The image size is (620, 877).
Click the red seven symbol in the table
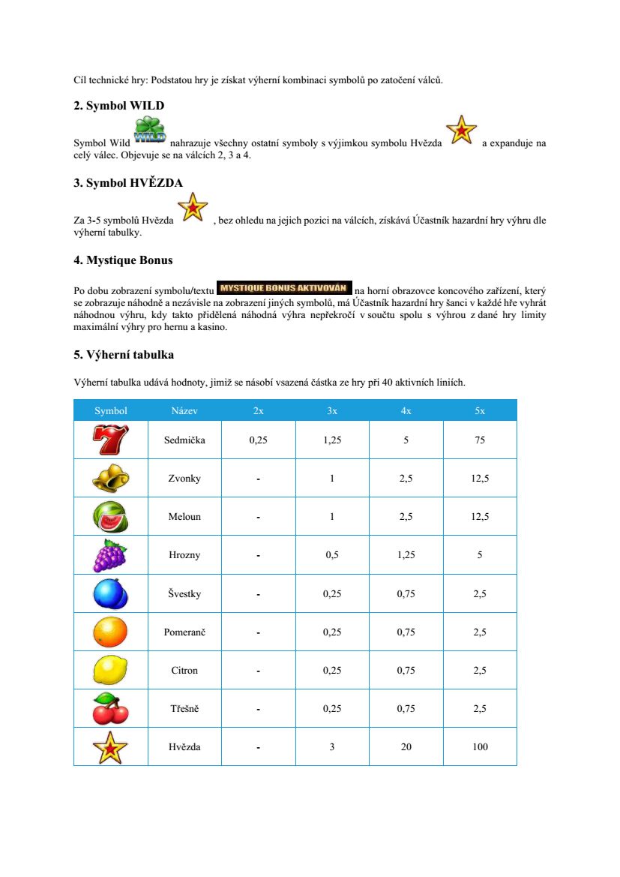[110, 440]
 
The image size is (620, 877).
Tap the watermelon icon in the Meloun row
[110, 516]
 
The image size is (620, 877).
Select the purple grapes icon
[110, 555]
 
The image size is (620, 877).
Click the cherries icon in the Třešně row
[110, 708]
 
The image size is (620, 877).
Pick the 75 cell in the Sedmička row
[480, 440]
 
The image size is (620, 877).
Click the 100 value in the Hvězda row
[480, 746]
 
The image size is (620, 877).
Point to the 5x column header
[480, 410]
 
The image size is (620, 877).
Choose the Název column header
[184, 410]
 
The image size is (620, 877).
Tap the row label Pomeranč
[184, 632]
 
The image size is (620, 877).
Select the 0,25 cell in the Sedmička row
[258, 440]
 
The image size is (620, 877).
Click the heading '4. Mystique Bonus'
[123, 260]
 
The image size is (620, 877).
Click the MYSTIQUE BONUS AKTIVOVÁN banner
[284, 287]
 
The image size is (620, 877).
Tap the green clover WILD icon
[150, 130]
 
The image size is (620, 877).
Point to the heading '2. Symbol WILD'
[118, 105]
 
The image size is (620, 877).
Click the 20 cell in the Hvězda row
[406, 746]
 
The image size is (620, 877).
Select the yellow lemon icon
[110, 669]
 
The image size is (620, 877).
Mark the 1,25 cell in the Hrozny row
[406, 555]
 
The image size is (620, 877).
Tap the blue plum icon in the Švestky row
[110, 593]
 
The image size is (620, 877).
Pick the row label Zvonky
[184, 479]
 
